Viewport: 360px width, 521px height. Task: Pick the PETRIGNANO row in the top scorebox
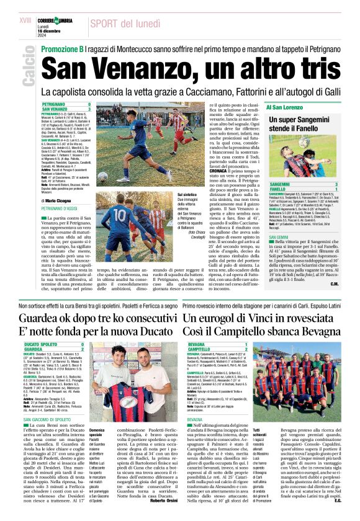(x=56, y=104)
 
